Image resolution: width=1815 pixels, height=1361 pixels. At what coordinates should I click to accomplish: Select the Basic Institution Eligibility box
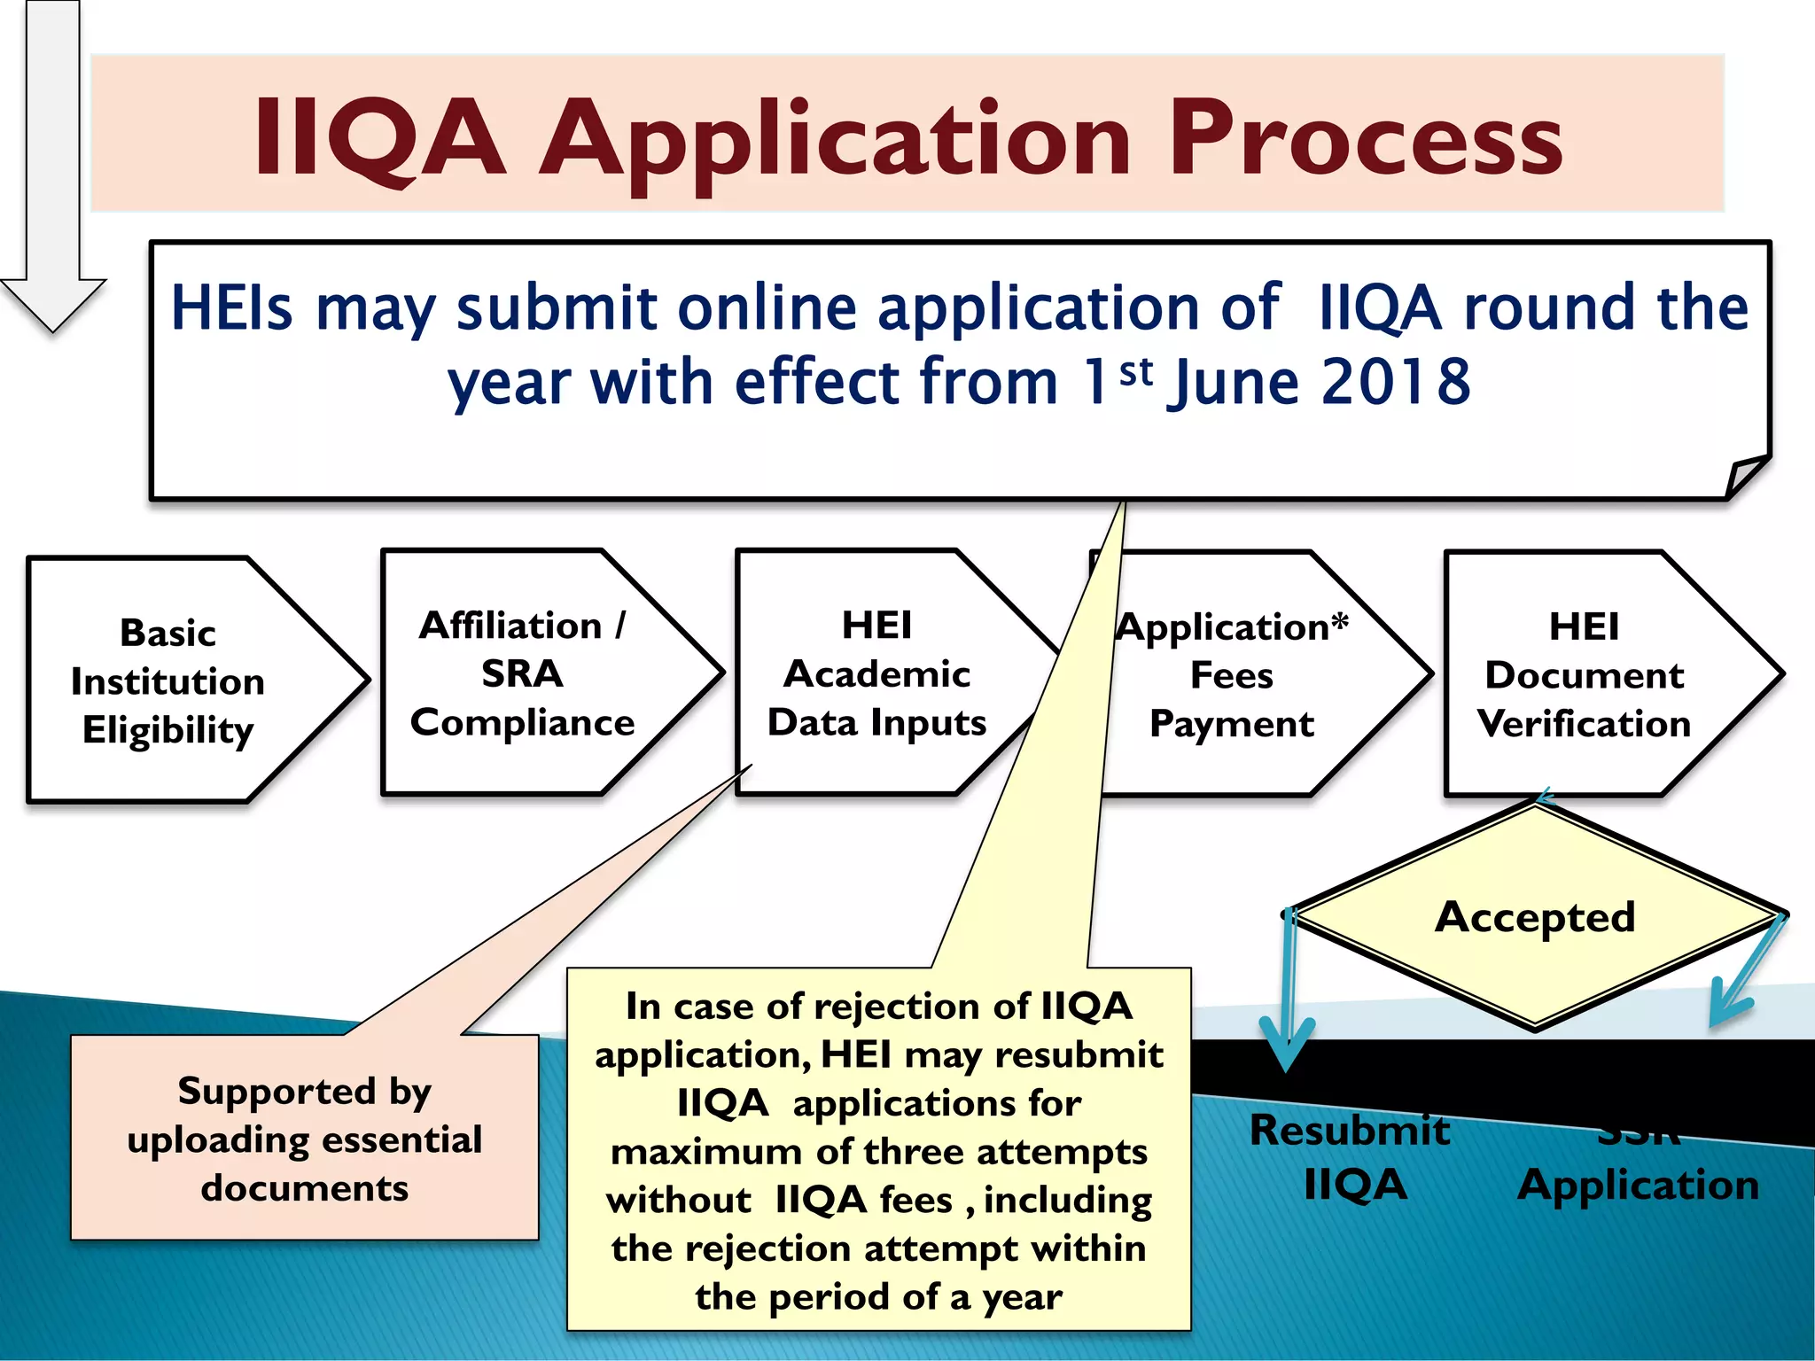point(168,680)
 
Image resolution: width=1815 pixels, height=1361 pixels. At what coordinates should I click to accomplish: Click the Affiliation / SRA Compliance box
point(523,673)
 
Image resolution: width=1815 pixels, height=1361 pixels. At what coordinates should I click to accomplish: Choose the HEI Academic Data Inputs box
point(877,673)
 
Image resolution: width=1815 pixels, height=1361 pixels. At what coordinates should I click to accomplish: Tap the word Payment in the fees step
point(1231,724)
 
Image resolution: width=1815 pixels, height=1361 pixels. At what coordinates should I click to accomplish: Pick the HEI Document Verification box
point(1584,675)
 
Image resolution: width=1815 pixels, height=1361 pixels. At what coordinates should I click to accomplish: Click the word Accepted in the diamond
point(1535,916)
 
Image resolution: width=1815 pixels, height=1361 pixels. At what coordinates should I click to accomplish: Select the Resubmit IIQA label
point(1352,1157)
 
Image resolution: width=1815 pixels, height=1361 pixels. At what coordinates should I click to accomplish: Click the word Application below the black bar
point(1638,1185)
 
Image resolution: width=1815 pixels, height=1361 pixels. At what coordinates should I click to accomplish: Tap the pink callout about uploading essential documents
point(304,1138)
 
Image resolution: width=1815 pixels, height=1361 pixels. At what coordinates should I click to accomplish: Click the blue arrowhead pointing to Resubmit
point(1287,1046)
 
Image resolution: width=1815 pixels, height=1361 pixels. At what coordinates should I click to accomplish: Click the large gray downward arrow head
point(53,301)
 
